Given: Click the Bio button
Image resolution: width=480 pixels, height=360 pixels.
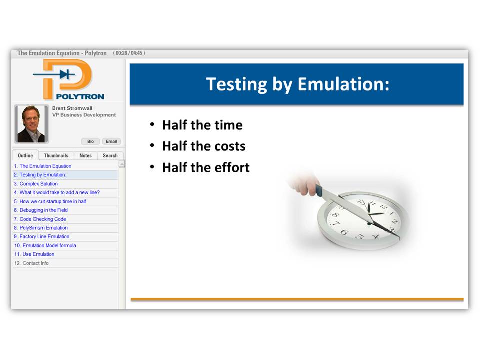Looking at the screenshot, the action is click(x=90, y=141).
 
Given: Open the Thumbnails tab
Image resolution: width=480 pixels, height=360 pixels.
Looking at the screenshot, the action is click(x=56, y=156).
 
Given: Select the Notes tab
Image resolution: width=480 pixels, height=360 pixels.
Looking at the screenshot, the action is click(x=85, y=156).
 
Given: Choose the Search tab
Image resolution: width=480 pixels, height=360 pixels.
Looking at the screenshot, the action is click(x=110, y=156).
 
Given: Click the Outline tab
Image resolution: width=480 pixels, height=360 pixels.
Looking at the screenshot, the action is click(x=25, y=156).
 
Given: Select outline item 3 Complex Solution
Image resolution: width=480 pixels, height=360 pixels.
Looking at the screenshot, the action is click(x=36, y=184).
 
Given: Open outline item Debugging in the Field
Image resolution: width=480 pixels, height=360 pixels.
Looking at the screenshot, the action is click(x=41, y=210).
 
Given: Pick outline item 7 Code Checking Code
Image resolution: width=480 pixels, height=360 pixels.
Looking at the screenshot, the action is click(x=40, y=219).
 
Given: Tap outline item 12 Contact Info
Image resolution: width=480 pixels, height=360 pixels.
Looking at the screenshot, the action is click(x=31, y=263).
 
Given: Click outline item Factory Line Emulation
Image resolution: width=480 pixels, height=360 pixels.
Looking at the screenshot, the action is click(x=41, y=236).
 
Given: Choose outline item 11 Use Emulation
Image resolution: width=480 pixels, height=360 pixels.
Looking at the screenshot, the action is click(x=34, y=254).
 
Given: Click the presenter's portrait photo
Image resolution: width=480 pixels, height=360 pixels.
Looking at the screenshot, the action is click(x=31, y=124).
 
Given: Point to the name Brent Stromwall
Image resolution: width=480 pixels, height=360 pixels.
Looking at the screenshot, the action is click(x=72, y=108).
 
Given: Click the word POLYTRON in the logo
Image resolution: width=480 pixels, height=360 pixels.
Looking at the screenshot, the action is click(x=80, y=96).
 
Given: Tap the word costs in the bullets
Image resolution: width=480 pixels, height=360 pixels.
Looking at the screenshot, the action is click(x=230, y=146).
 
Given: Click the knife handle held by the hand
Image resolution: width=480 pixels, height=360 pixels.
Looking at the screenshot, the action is click(x=319, y=190).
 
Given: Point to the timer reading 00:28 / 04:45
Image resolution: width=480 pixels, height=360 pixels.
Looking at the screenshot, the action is click(x=129, y=53).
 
